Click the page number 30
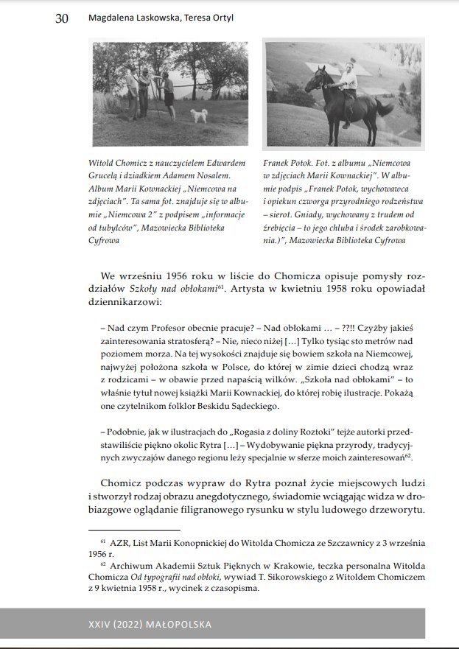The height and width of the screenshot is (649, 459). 62,19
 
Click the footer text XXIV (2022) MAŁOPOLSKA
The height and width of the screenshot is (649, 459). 150,624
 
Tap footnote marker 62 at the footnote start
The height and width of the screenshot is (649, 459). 103,564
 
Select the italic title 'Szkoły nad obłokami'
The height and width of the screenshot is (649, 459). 172,288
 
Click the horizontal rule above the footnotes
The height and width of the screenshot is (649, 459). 134,530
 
